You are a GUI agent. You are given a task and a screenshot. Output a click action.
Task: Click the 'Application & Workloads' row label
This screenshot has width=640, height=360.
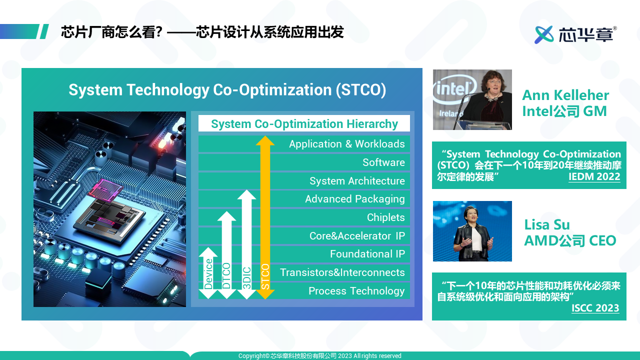point(347,144)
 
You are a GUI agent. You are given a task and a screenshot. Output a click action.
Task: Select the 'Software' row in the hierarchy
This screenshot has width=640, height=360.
point(383,162)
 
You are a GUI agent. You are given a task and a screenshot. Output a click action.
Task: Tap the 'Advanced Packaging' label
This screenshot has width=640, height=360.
point(355,199)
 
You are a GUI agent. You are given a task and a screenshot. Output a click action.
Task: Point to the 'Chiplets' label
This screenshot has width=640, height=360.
point(385,217)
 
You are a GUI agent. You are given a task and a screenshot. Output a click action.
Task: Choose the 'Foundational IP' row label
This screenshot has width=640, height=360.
point(367,253)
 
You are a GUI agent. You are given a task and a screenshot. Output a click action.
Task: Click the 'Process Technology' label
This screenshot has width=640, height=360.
point(356,291)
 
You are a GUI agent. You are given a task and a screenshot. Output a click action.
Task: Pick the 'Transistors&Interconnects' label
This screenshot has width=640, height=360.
point(342,272)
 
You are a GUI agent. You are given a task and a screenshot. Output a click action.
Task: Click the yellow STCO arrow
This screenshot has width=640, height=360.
point(265,217)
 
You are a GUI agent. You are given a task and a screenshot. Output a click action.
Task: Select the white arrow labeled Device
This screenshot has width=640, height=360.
point(208,273)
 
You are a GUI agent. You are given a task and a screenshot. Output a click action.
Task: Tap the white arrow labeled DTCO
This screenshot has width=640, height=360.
point(226,255)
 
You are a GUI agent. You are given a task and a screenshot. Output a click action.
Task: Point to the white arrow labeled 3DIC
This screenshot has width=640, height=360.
point(246,244)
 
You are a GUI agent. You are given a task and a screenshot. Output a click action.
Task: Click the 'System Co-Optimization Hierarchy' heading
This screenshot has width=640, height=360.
point(304,124)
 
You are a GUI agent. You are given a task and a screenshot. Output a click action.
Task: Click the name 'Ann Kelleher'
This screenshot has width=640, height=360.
point(565,95)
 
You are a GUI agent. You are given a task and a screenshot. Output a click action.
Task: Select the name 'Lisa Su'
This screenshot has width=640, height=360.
point(547,224)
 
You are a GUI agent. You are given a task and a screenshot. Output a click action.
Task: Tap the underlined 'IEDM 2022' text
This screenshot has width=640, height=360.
point(594,176)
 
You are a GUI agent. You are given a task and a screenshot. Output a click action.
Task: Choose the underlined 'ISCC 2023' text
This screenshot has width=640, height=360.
point(595,308)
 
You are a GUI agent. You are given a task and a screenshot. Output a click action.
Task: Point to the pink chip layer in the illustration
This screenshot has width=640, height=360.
point(105,188)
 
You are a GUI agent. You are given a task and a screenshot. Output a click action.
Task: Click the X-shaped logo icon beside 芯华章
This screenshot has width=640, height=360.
point(544,34)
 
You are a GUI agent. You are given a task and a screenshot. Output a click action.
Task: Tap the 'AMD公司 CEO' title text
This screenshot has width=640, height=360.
point(570,241)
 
